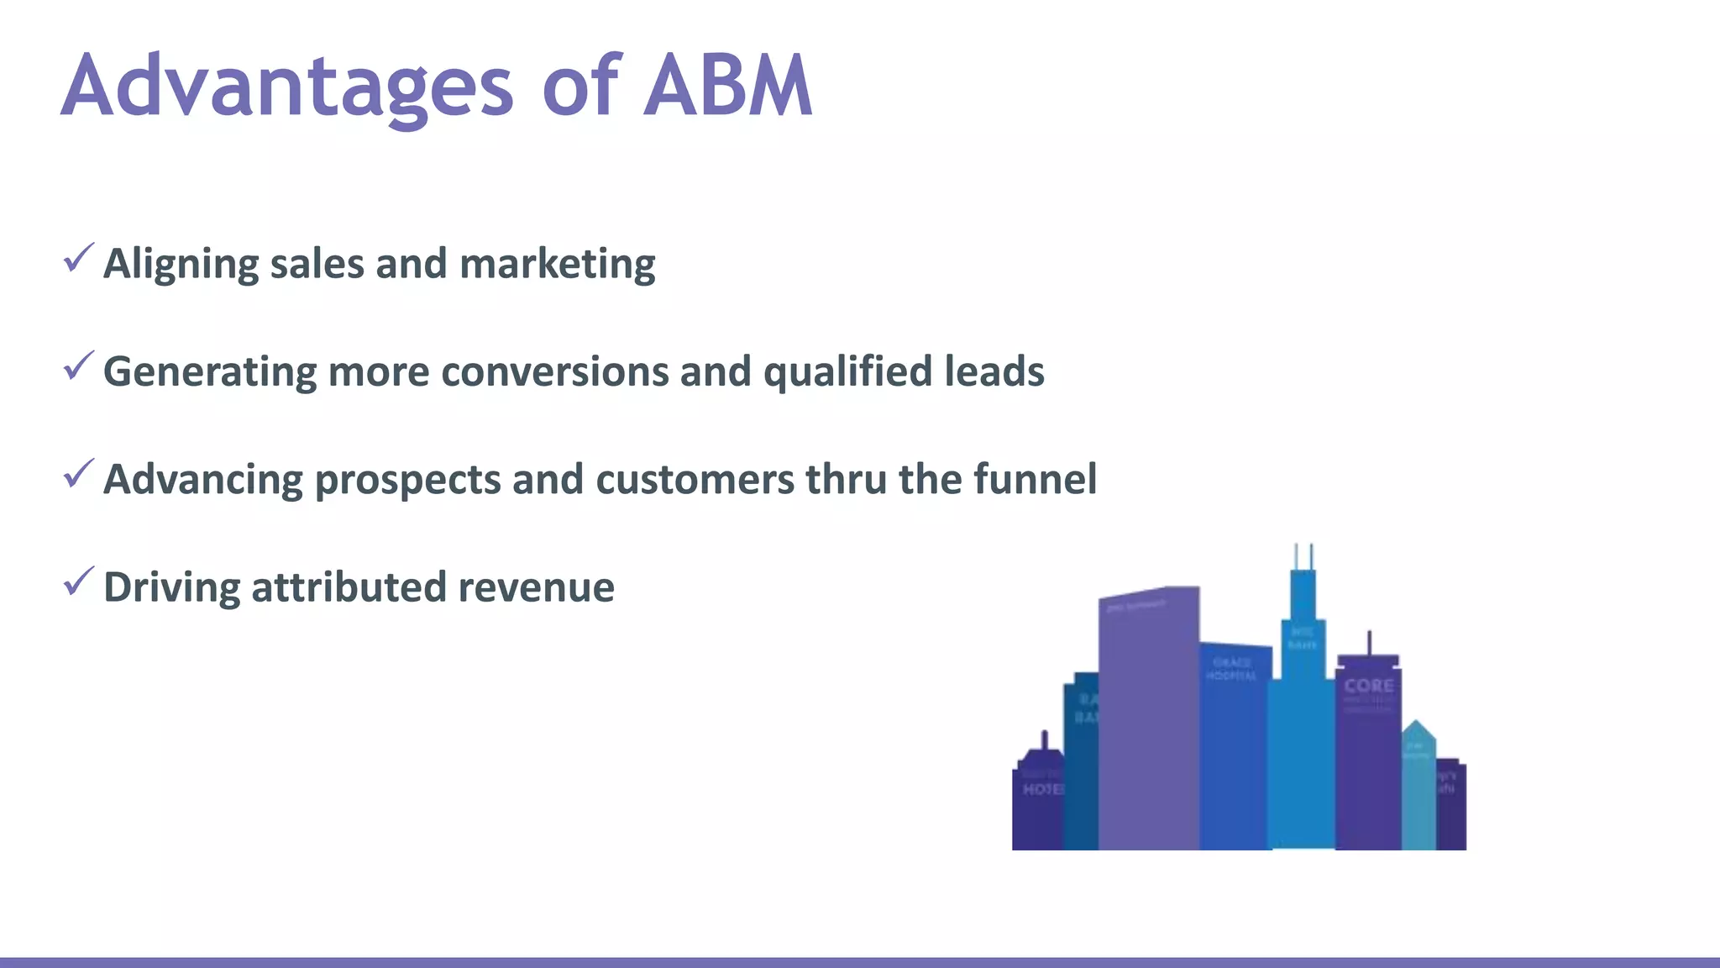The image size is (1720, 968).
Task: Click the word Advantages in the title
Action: pos(286,86)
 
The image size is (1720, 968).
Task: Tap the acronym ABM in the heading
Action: pos(727,86)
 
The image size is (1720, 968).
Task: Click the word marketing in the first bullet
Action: pos(557,265)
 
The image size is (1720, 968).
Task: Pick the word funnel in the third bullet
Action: pos(1035,479)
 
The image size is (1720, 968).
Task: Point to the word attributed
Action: pos(348,587)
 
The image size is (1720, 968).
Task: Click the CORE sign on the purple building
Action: pos(1368,686)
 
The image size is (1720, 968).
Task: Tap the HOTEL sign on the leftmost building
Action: pos(1042,789)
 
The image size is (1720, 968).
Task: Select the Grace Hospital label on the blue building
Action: pos(1231,669)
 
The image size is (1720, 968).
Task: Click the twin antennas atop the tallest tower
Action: pos(1303,556)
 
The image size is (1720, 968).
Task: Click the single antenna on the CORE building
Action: pos(1370,643)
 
